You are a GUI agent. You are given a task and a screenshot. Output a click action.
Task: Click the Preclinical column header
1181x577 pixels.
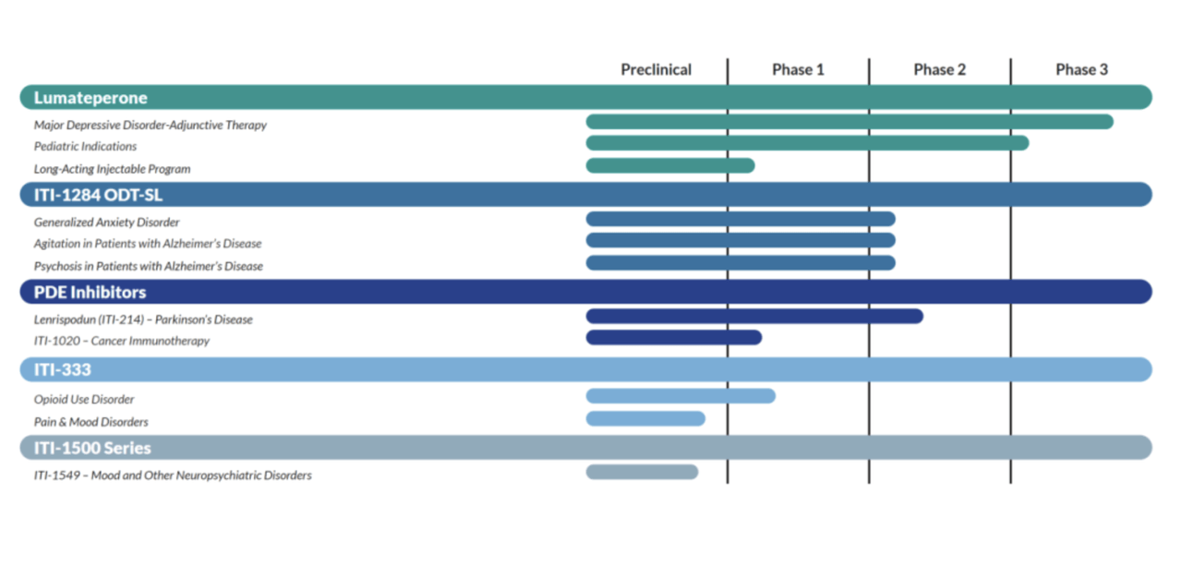coord(656,69)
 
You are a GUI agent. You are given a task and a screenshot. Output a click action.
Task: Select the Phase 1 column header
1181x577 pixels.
coord(798,69)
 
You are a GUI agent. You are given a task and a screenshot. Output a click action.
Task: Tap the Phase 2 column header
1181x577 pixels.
coord(939,69)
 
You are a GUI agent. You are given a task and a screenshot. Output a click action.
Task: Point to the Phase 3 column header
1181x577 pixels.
coord(1081,69)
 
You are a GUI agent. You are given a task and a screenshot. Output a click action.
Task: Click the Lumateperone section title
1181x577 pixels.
coord(90,98)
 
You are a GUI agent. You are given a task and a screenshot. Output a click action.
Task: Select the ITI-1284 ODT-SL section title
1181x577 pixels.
coord(98,195)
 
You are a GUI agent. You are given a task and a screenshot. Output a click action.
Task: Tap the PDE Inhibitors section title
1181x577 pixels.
coord(90,292)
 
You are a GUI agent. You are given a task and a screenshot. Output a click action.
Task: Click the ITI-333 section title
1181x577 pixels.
coord(62,369)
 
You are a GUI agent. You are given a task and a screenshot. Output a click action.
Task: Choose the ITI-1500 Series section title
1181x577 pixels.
coord(92,448)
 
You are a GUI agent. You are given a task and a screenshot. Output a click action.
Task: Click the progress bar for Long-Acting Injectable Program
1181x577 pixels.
coord(670,165)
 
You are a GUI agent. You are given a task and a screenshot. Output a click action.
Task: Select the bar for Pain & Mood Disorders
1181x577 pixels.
coord(645,419)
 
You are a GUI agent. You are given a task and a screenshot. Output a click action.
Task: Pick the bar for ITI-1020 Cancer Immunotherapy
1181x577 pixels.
coord(674,337)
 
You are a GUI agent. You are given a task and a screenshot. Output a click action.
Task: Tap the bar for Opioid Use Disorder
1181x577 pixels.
coord(681,396)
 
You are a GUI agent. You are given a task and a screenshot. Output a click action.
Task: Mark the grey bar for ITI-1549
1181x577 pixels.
coord(642,472)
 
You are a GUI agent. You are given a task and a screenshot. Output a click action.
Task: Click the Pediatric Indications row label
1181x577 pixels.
coord(85,147)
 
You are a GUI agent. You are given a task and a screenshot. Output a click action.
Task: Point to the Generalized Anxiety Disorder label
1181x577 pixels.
coord(106,222)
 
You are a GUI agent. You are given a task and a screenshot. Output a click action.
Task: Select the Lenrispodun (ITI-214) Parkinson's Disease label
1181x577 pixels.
coord(143,319)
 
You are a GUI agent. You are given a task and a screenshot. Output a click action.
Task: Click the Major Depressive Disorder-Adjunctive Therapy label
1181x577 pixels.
coord(151,126)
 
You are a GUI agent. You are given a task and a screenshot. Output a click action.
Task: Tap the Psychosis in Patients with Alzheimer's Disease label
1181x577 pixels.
coord(148,266)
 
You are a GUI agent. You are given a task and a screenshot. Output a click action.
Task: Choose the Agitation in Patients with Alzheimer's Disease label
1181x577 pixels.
coord(148,244)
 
